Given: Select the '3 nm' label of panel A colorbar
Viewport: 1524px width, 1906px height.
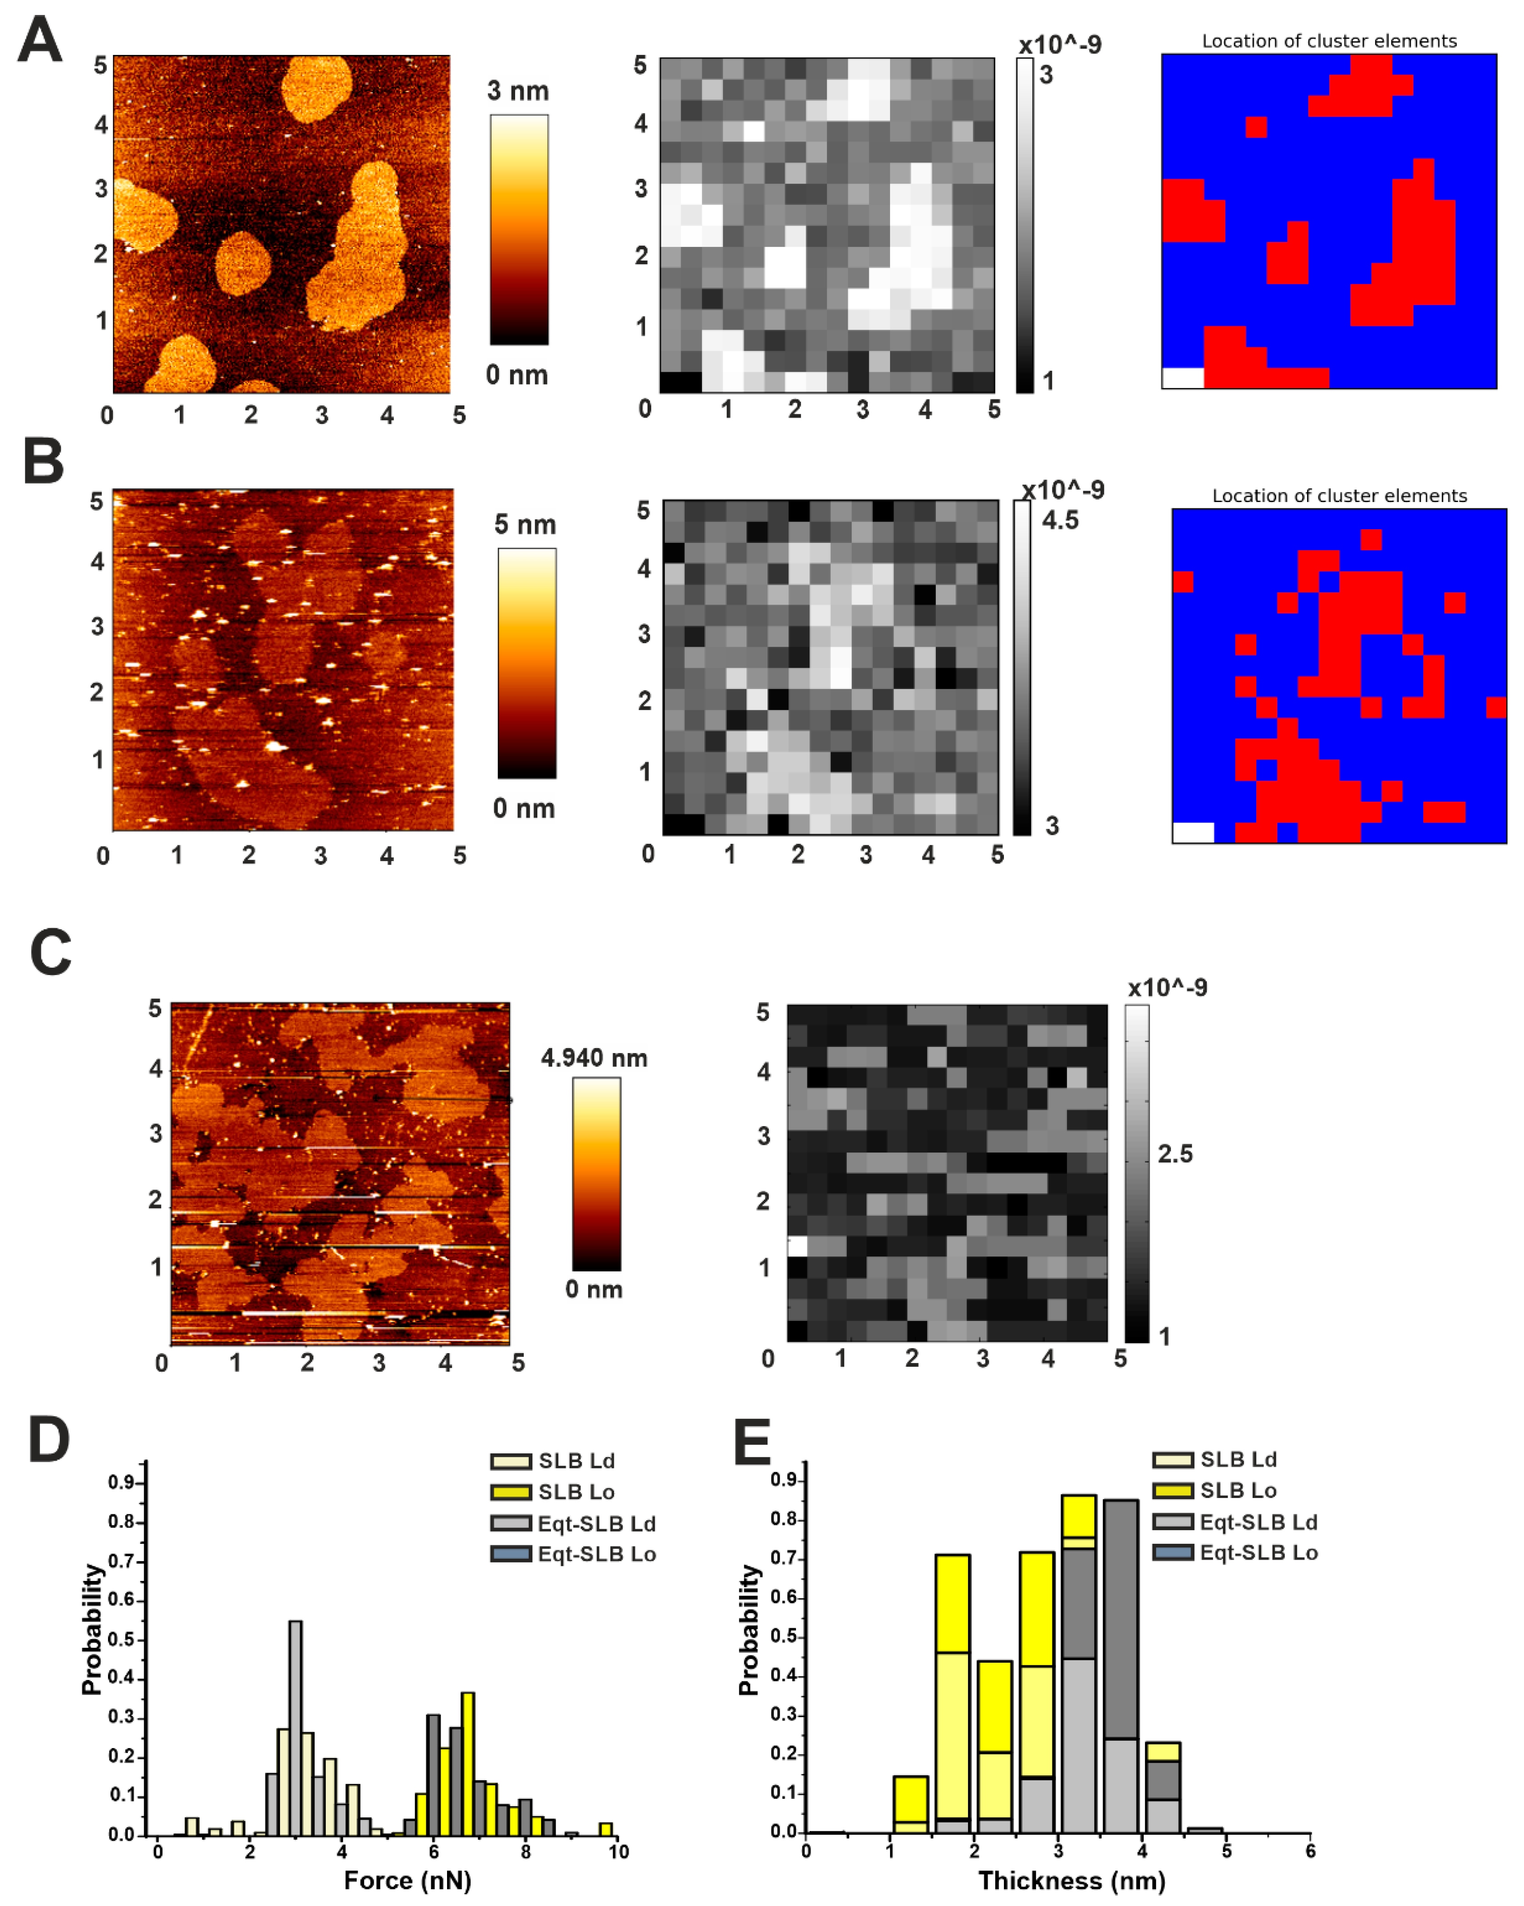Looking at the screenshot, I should tap(518, 91).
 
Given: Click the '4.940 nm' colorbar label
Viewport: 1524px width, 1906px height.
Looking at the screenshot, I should tap(594, 1058).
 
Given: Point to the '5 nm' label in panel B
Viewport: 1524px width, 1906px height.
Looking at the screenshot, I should tap(525, 525).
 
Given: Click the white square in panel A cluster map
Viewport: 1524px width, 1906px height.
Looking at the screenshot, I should tap(1183, 378).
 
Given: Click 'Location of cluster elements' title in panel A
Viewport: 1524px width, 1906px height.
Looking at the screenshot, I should tap(1329, 41).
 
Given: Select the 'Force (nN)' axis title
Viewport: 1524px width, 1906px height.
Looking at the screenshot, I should tap(408, 1881).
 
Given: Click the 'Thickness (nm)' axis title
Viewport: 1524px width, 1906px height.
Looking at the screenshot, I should tap(1072, 1881).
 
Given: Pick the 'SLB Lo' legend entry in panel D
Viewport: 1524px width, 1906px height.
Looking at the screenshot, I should tap(576, 1492).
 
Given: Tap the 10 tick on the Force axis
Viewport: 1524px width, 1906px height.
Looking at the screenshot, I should tap(618, 1851).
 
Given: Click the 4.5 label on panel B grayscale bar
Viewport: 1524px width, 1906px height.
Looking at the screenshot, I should tap(1060, 521).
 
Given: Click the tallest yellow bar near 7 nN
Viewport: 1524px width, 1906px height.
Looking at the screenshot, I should tap(467, 1763).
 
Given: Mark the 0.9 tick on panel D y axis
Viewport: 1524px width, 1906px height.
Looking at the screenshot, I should tap(121, 1482).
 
